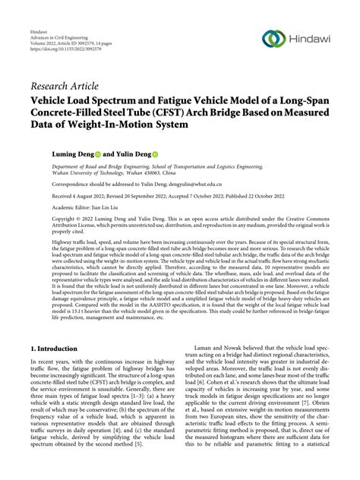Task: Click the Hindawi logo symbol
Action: point(273,39)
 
